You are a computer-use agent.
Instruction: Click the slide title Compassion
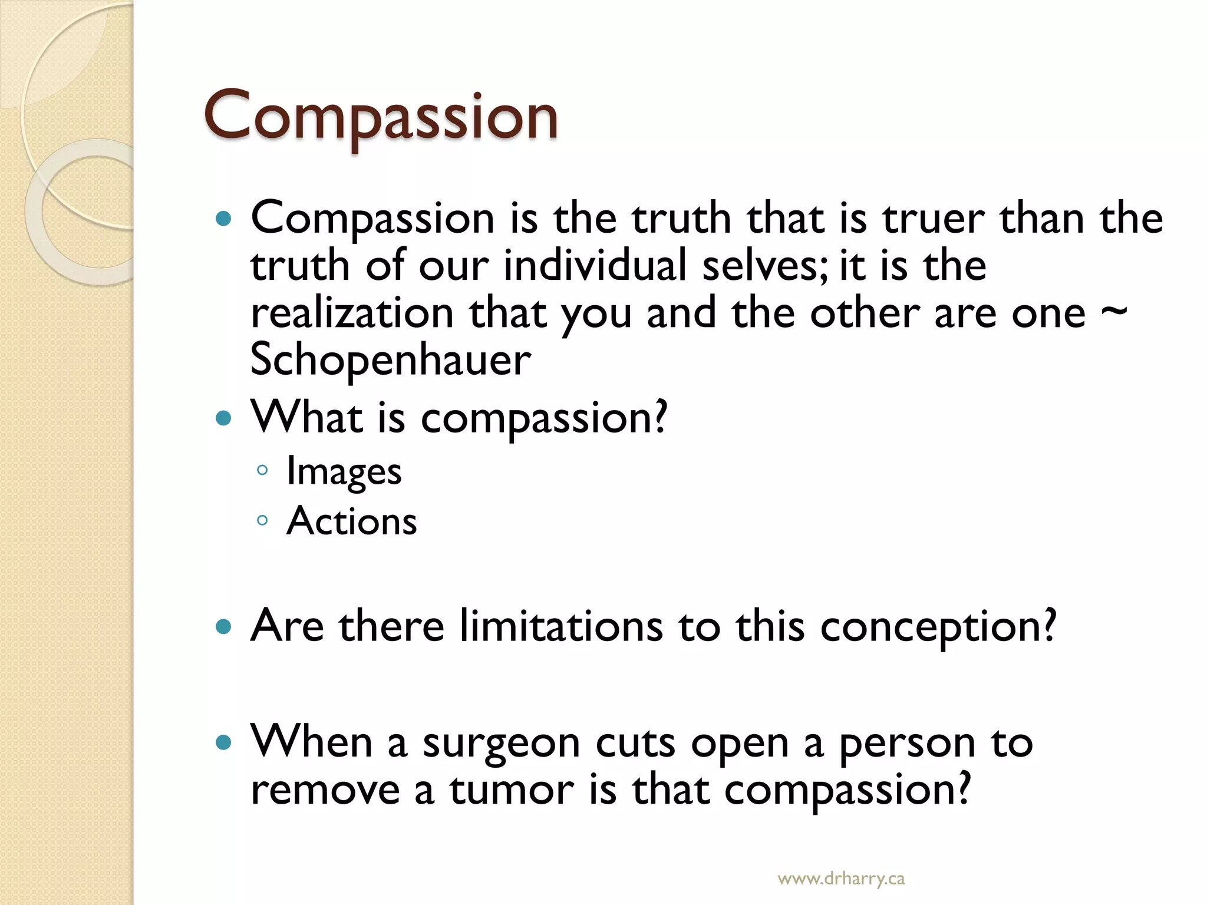[x=380, y=116]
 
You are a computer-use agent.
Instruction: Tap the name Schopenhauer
[x=390, y=361]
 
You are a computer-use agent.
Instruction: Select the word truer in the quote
[x=933, y=219]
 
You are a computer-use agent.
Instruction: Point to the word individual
[x=595, y=265]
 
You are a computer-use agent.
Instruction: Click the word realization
[x=352, y=313]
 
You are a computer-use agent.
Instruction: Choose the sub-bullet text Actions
[x=351, y=521]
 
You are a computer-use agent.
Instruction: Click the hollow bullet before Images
[x=263, y=470]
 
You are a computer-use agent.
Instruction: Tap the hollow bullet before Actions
[x=263, y=520]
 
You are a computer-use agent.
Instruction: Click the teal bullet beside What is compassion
[x=224, y=419]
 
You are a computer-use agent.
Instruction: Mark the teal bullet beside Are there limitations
[x=224, y=626]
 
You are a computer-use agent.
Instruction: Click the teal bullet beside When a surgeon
[x=224, y=742]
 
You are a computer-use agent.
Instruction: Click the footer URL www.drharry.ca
[x=841, y=879]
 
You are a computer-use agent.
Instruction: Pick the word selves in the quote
[x=763, y=265]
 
